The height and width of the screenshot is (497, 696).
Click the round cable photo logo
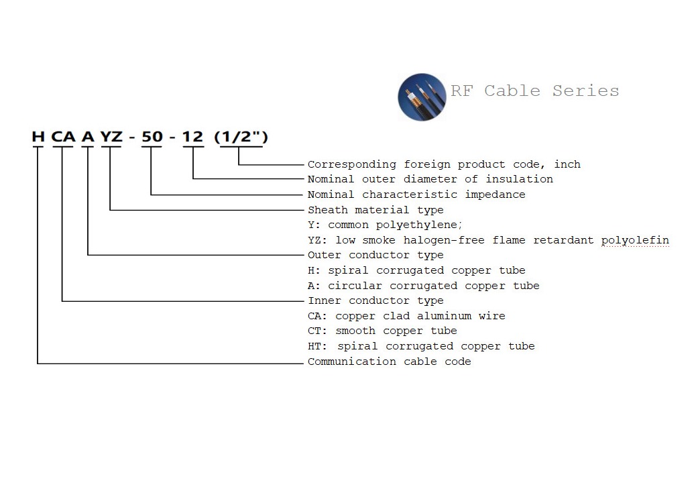(422, 97)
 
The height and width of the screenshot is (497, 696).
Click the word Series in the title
(585, 91)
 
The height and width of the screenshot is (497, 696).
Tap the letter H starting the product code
(38, 137)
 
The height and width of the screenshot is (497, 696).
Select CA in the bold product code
(64, 137)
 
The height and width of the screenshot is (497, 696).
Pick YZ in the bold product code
(111, 137)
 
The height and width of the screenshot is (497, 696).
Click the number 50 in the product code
(152, 137)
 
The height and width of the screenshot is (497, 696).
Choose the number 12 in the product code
(192, 137)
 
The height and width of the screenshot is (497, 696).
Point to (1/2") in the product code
(241, 137)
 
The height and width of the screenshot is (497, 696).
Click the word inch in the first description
(567, 164)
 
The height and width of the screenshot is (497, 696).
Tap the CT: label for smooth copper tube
(318, 331)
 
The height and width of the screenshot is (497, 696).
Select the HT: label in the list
(318, 346)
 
